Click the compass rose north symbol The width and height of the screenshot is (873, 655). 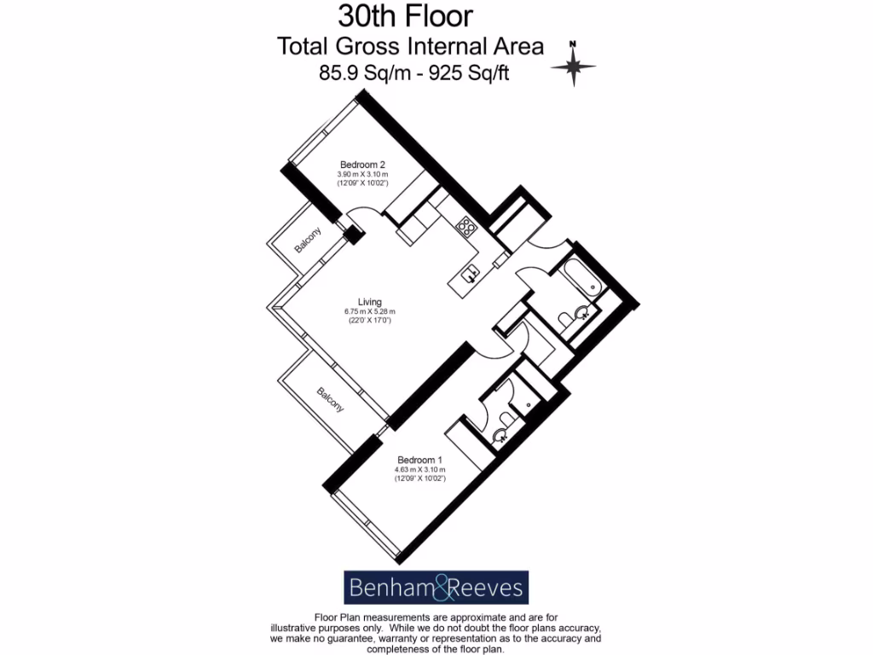(x=574, y=64)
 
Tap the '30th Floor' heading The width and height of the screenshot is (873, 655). (x=405, y=15)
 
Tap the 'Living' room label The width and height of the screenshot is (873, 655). (x=369, y=302)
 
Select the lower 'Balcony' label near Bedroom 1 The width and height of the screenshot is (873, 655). (x=331, y=401)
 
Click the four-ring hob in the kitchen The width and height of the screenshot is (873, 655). (x=466, y=226)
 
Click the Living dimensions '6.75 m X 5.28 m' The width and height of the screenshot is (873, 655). (x=369, y=311)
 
